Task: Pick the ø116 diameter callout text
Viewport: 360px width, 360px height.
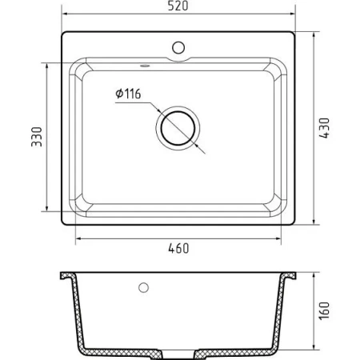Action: tap(128, 94)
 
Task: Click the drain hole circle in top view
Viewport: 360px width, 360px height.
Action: tap(178, 128)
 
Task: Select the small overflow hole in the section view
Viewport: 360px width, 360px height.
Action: tap(144, 286)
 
